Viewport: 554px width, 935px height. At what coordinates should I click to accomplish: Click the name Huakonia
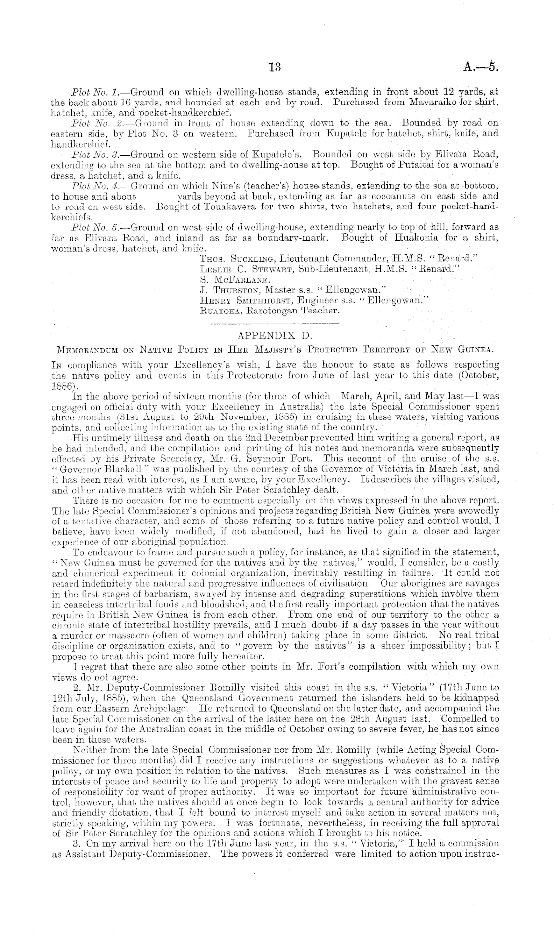coord(414,238)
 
